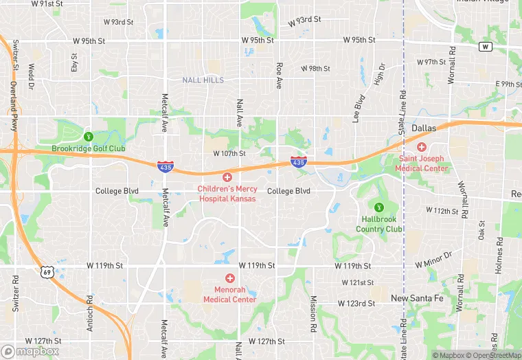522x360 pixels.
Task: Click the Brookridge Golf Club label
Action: [x=88, y=148]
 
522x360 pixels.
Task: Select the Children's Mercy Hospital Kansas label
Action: [x=227, y=193]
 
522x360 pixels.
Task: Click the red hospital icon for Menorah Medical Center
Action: [x=229, y=278]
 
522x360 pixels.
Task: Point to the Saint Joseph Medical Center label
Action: [x=422, y=164]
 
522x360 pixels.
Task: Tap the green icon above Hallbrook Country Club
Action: [x=378, y=207]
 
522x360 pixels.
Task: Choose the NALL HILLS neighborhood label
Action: [x=203, y=80]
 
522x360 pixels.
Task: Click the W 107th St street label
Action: [x=229, y=153]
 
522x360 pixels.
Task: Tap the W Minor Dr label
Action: [x=435, y=265]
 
